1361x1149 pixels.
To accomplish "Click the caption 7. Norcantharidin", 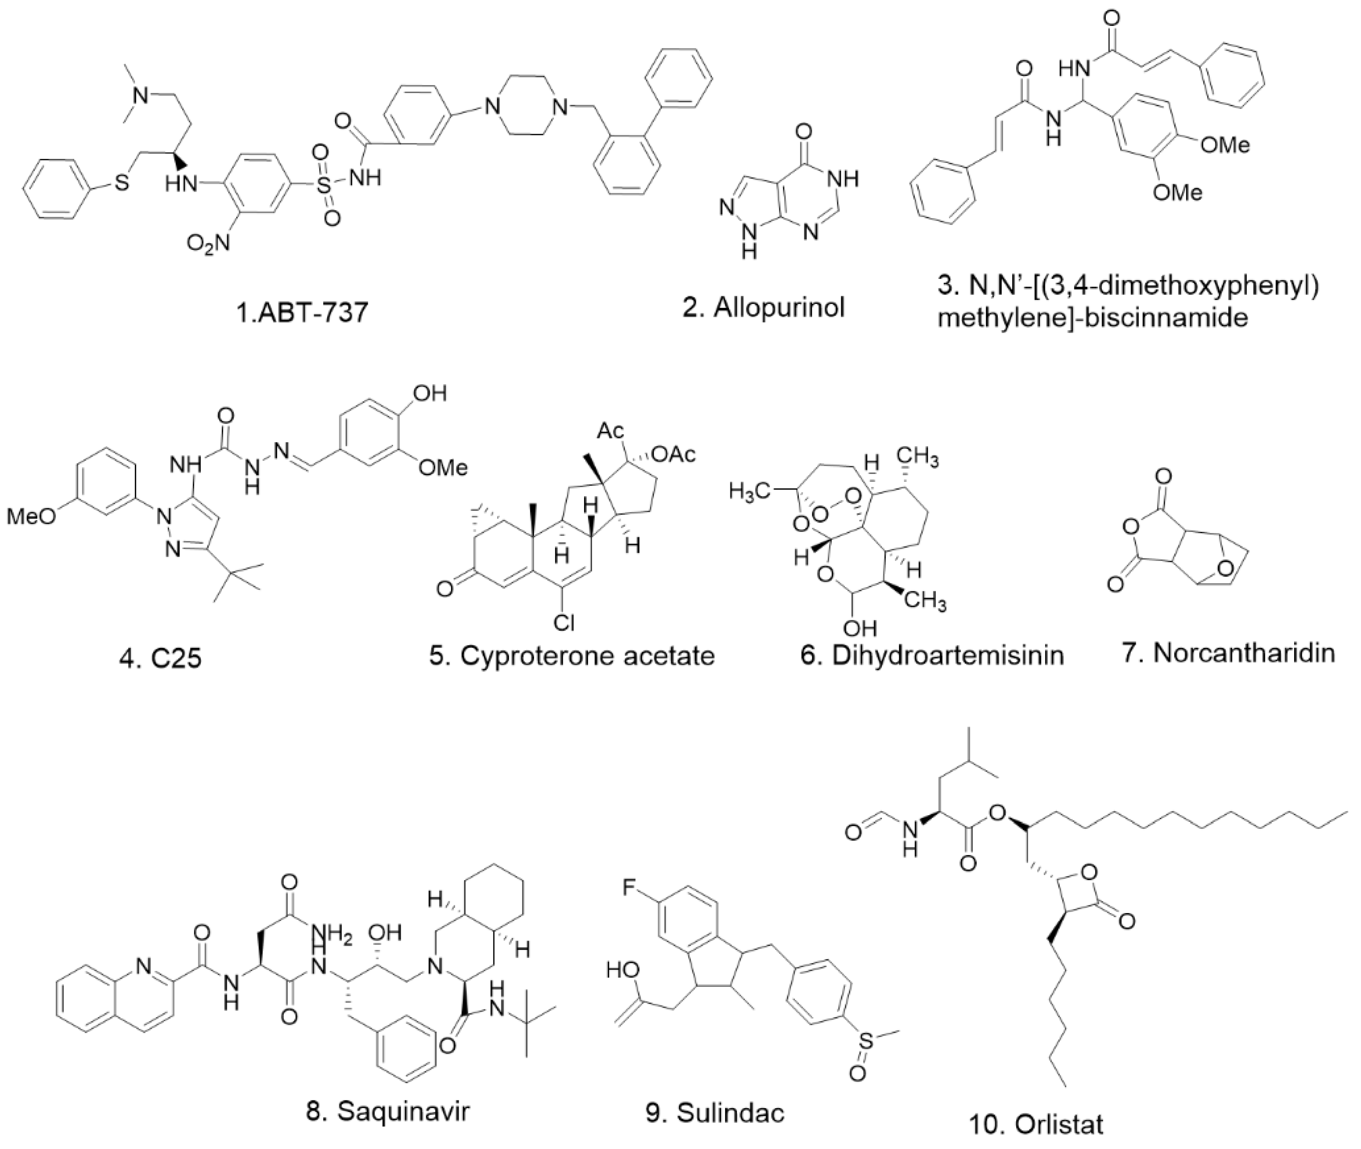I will (1228, 653).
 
